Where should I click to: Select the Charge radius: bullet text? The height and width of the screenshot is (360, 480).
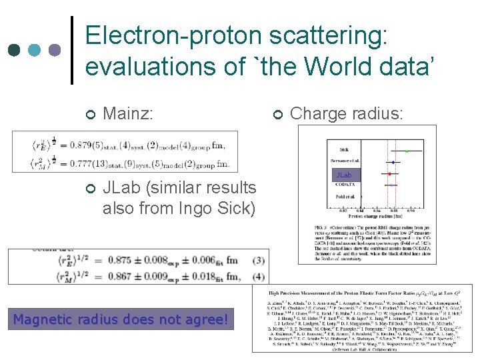[347, 114]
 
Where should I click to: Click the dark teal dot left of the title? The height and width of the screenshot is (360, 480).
[13, 50]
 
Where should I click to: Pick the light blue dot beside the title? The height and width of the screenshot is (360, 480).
[34, 50]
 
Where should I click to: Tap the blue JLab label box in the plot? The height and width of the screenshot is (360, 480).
[344, 175]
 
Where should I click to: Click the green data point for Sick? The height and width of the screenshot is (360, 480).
[407, 151]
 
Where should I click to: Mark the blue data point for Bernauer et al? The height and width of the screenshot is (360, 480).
[393, 162]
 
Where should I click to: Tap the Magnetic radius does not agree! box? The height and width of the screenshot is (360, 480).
[123, 320]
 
